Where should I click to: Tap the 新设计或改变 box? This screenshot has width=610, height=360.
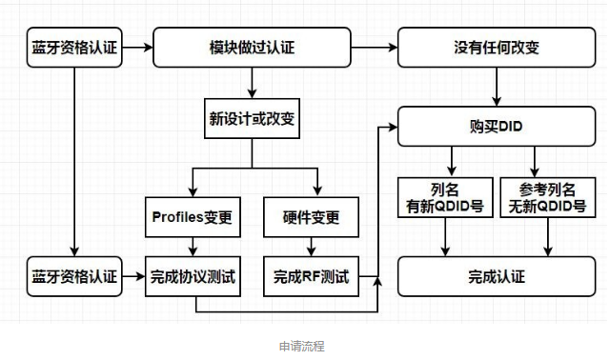coord(252,119)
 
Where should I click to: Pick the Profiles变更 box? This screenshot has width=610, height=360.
coord(193,216)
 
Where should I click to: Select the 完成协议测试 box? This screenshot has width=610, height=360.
coord(193,277)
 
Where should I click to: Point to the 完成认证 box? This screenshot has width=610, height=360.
coord(495,277)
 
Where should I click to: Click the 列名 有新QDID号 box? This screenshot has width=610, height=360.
coord(442,197)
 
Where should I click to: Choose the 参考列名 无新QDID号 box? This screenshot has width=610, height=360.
coord(547,197)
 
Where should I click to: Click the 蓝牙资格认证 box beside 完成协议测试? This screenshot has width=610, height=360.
coord(73,277)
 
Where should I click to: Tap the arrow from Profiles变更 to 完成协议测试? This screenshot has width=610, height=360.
coord(193,247)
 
